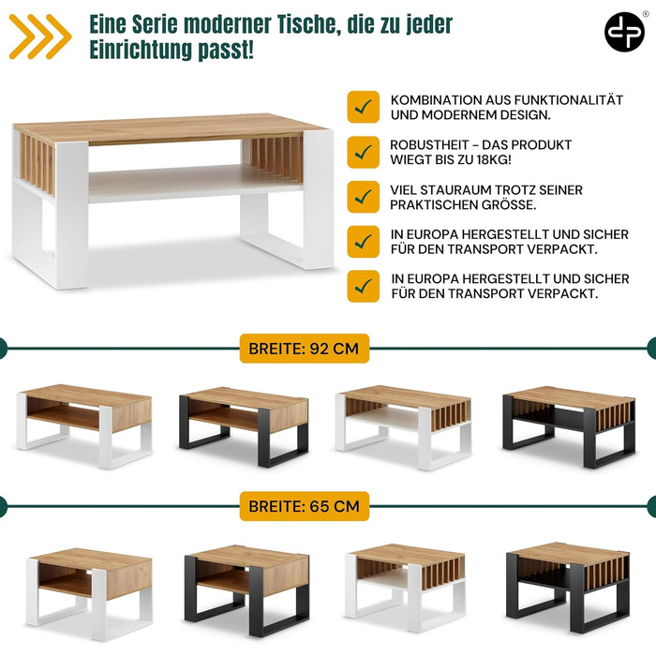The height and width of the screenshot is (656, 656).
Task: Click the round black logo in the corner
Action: pyautogui.click(x=624, y=32)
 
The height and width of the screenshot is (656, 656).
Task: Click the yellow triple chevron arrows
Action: pyautogui.click(x=40, y=37)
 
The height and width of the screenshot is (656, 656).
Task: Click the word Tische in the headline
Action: pyautogui.click(x=306, y=24)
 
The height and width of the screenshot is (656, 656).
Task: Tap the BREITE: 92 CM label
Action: pyautogui.click(x=305, y=349)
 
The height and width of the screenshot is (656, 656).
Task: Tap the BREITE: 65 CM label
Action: pyautogui.click(x=305, y=506)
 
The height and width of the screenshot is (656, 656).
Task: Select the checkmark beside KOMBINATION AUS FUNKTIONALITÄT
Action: pyautogui.click(x=364, y=107)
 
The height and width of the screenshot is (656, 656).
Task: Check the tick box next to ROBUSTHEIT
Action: pyautogui.click(x=364, y=152)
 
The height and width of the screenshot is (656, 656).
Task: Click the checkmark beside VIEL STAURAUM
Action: pyautogui.click(x=364, y=197)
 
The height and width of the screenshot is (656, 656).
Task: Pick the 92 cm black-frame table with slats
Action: pyautogui.click(x=569, y=425)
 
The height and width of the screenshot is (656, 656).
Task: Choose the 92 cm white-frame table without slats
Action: pyautogui.click(x=84, y=425)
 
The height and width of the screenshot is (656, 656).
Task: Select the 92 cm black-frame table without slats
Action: pyautogui.click(x=244, y=426)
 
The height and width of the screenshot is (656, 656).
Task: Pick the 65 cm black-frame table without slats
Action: pyautogui.click(x=246, y=589)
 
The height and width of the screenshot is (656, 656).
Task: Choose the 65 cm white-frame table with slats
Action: pyautogui.click(x=405, y=587)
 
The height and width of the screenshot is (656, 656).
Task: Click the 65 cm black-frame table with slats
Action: pyautogui.click(x=568, y=587)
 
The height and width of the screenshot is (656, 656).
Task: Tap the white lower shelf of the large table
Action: pyautogui.click(x=195, y=184)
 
